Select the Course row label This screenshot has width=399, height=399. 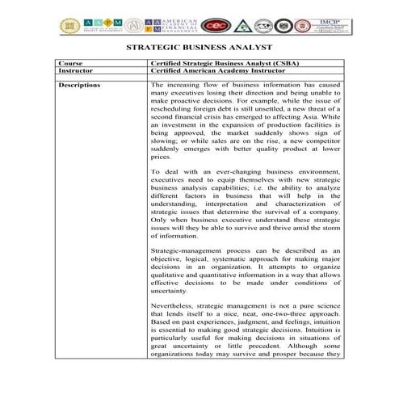(x=71, y=62)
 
